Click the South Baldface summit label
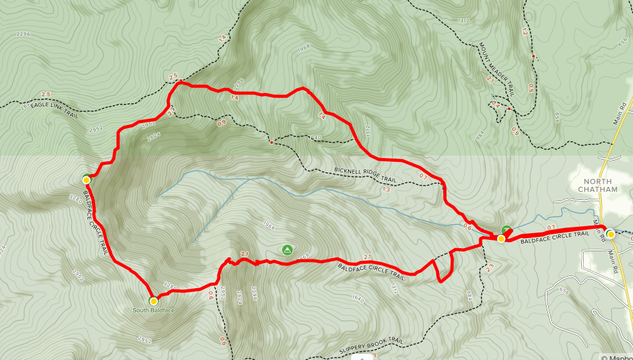152,310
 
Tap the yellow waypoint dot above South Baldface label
153,301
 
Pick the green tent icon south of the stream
287,250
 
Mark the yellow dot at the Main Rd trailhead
610,234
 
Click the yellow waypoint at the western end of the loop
86,180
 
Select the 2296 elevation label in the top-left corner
24,34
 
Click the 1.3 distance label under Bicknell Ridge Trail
385,189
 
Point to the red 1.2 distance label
524,32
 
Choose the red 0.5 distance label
531,87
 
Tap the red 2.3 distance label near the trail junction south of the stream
489,267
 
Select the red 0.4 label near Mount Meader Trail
495,104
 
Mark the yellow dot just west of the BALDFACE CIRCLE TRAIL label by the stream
501,238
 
